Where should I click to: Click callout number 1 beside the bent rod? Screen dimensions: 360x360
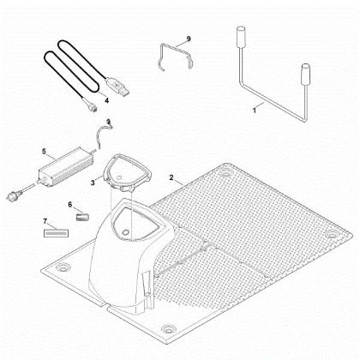pos(255,111)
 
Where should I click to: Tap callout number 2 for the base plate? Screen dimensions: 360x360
pos(171,177)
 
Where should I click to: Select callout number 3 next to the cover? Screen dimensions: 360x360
pos(93,183)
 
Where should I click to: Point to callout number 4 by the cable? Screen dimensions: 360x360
pos(106,100)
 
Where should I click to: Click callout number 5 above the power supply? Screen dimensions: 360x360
pos(44,151)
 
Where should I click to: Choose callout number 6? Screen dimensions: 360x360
pos(70,205)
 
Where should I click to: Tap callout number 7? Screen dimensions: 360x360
pos(45,221)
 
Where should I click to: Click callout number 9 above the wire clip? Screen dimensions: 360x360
pos(189,39)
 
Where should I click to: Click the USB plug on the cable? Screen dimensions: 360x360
pos(117,86)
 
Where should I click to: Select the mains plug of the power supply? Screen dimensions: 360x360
pos(14,194)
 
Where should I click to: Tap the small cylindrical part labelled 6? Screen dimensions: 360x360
pos(82,217)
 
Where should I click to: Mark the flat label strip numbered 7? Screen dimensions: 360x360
pos(56,233)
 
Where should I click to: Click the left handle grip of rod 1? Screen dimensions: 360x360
pos(241,37)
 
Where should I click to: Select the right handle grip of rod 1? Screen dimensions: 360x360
pos(306,75)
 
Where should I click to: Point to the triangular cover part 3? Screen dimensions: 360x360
pos(127,172)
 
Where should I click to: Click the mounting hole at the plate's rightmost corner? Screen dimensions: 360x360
pos(332,235)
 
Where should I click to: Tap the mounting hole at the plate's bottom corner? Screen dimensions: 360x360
pos(169,328)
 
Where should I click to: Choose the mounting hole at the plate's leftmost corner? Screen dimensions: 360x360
pos(63,267)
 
